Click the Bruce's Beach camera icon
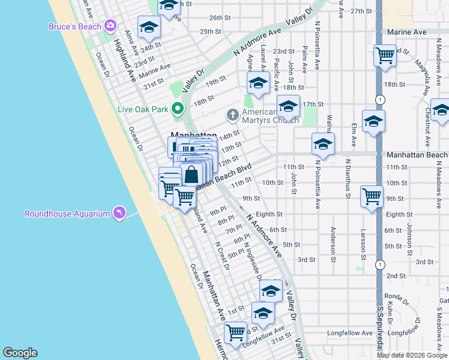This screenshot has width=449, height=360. tap(110, 26)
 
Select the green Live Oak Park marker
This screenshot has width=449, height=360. tap(177, 109)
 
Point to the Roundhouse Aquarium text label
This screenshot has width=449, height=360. tap(67, 214)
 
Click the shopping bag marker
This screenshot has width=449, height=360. tap(191, 175)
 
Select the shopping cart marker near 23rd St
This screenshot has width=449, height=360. tap(384, 56)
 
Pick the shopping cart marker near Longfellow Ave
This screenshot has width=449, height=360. tap(235, 332)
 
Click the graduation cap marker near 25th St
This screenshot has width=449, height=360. tap(149, 27)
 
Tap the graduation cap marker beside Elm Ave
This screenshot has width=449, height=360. tap(373, 121)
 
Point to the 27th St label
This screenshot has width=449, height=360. tap(361, 11)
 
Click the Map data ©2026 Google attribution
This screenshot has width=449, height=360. tap(412, 355)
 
